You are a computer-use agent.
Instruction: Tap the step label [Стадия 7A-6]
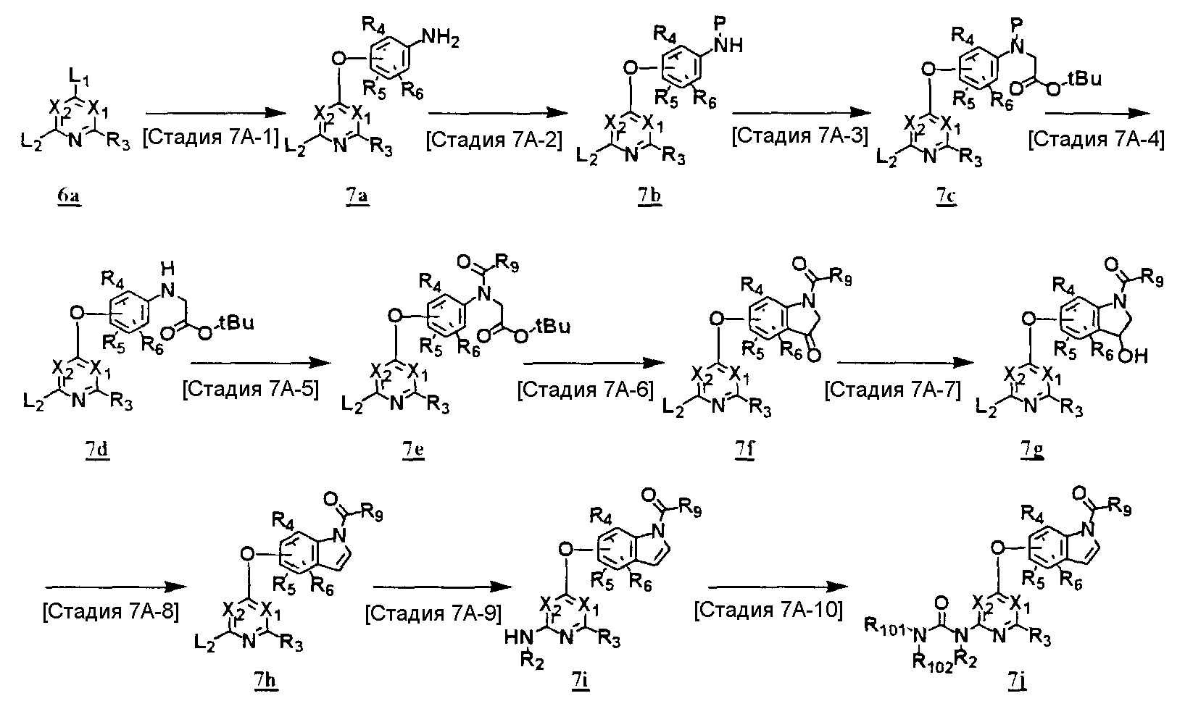pyautogui.click(x=585, y=392)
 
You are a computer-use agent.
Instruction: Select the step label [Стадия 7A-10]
pyautogui.click(x=768, y=611)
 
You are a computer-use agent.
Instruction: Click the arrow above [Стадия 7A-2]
pyautogui.click(x=497, y=113)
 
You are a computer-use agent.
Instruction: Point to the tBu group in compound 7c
pyautogui.click(x=1084, y=78)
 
